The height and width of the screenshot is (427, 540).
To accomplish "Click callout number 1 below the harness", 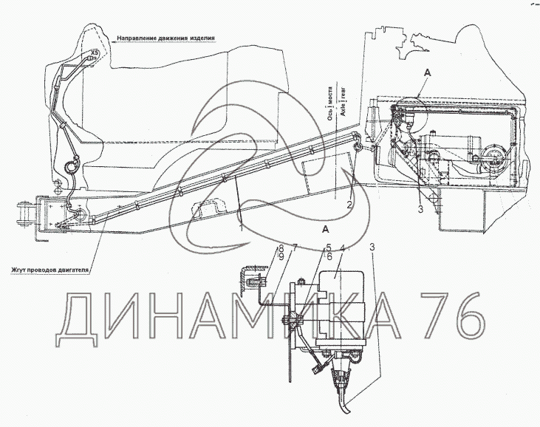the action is click(241, 229).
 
